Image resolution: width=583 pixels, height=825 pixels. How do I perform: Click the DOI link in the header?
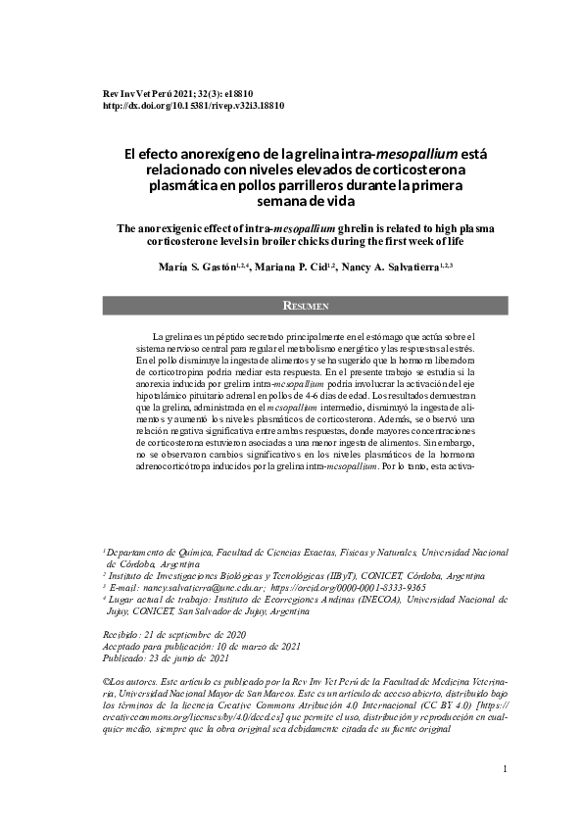coord(194,104)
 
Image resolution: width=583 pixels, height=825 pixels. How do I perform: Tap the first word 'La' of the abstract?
coord(158,336)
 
